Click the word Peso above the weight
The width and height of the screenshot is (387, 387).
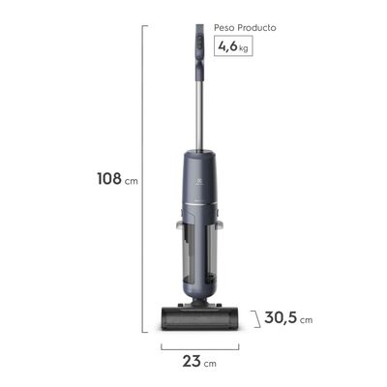(x=228, y=28)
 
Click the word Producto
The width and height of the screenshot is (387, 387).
(x=258, y=28)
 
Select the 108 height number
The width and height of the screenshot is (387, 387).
(x=108, y=179)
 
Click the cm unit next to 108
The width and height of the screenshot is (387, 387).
(x=132, y=181)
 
